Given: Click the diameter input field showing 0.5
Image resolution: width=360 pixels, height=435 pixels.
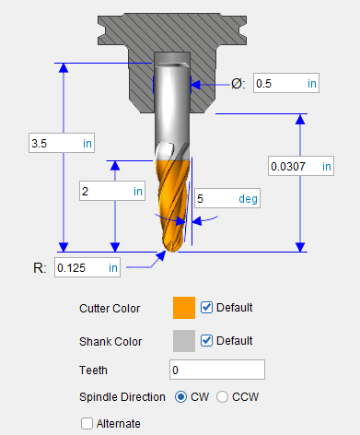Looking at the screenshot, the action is tap(286, 83).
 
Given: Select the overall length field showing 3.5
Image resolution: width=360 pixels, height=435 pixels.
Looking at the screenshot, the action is tap(62, 143).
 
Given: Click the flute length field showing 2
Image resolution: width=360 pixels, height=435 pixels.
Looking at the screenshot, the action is tap(112, 191).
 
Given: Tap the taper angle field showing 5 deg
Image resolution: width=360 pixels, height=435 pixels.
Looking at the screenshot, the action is tap(227, 198).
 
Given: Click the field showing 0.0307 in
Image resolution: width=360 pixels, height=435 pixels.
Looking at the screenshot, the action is tap(301, 166).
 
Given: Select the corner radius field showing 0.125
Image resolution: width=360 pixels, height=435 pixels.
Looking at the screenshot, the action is tap(87, 267).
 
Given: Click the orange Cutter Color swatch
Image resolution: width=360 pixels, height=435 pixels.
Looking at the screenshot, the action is tap(184, 308).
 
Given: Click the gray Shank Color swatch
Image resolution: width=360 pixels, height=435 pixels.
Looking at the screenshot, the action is tap(184, 341).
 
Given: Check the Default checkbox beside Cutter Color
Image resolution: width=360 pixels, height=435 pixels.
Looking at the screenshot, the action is tap(206, 307).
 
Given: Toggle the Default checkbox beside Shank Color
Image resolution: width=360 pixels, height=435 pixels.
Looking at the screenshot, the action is tap(206, 340).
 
